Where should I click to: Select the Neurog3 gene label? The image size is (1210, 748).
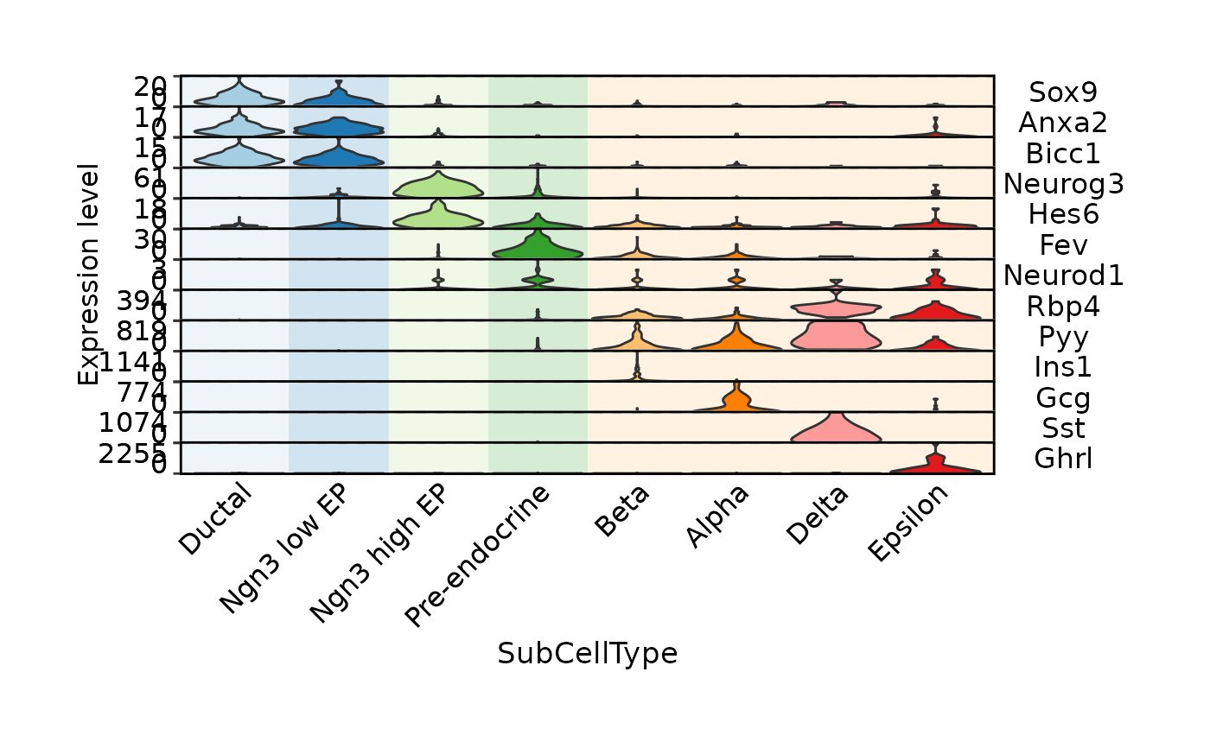(1051, 183)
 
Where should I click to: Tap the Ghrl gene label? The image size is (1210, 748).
(1063, 458)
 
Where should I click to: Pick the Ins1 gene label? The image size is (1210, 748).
(1063, 366)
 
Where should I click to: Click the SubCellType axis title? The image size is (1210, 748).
(587, 654)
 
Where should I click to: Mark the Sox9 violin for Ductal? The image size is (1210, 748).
(239, 96)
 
